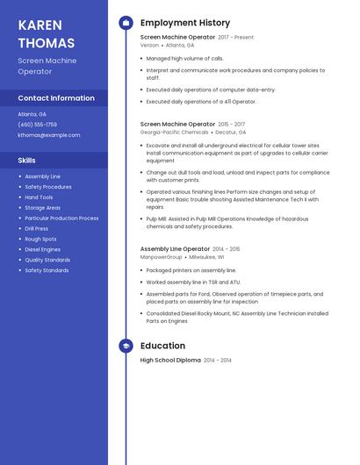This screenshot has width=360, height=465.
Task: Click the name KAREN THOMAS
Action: click(46, 33)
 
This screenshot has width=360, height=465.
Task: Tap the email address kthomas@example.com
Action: click(49, 135)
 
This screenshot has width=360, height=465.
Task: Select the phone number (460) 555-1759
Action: click(38, 125)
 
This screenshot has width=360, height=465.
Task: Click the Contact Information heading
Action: click(56, 98)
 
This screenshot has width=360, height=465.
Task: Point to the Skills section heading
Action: click(27, 161)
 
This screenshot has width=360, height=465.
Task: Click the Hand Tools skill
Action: click(39, 197)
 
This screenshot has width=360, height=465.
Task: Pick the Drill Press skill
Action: click(37, 228)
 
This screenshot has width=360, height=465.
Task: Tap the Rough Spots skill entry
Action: click(40, 239)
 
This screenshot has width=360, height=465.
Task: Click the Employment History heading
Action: click(185, 23)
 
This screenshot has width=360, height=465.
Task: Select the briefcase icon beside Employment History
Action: click(126, 23)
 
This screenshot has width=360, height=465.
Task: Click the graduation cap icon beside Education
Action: click(126, 346)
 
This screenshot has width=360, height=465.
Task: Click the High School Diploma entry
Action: click(170, 361)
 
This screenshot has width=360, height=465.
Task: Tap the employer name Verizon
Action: click(149, 45)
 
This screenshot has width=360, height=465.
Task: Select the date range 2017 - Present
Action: click(235, 38)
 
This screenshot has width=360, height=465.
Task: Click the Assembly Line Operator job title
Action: click(174, 249)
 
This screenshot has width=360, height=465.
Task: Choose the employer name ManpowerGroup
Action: click(162, 257)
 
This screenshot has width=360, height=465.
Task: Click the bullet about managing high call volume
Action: click(184, 58)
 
